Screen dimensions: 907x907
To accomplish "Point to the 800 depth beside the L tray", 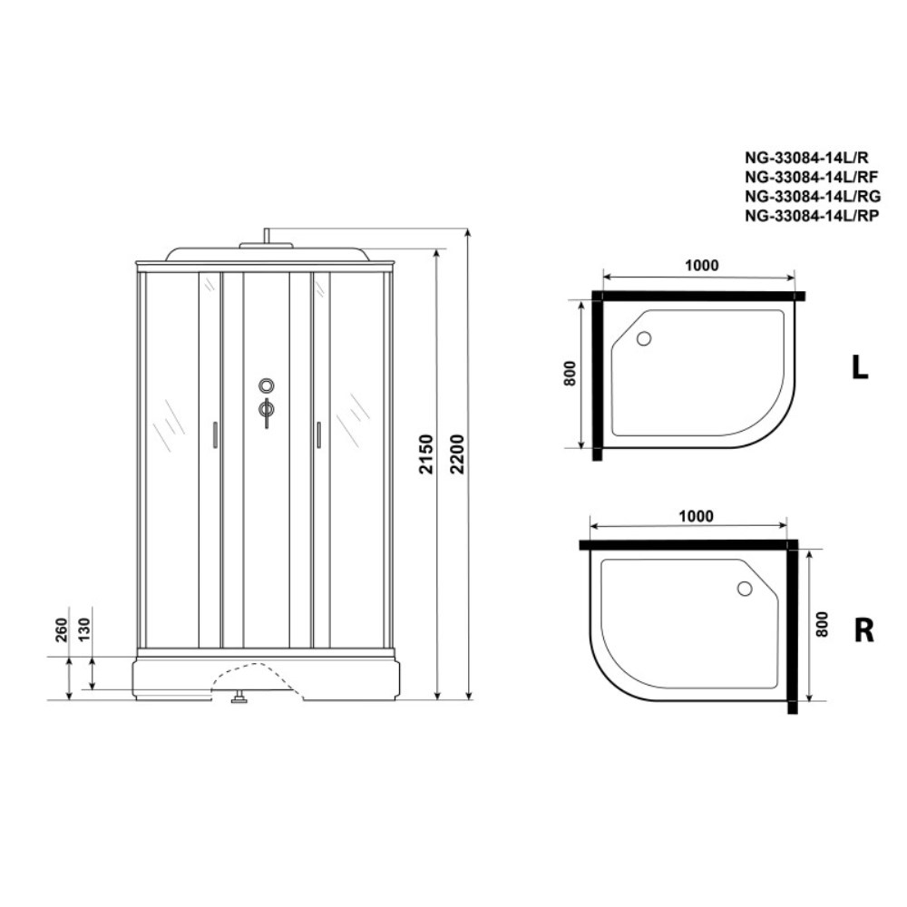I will pyautogui.click(x=570, y=374).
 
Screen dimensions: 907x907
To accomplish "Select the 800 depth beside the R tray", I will pyautogui.click(x=822, y=625).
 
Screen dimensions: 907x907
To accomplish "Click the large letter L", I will pyautogui.click(x=859, y=366).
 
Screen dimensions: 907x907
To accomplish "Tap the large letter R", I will pyautogui.click(x=863, y=629).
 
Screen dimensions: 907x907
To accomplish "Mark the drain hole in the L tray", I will pyautogui.click(x=644, y=339).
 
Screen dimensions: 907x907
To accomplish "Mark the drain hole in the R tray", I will pyautogui.click(x=745, y=589).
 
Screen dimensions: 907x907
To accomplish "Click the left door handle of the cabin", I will pyautogui.click(x=213, y=434).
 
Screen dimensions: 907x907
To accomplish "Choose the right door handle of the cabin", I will pyautogui.click(x=319, y=434).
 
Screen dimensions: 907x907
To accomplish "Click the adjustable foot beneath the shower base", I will pyautogui.click(x=240, y=698).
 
